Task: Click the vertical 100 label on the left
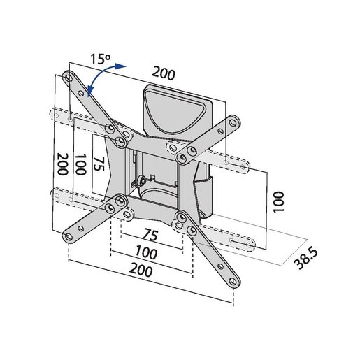[81, 166]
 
